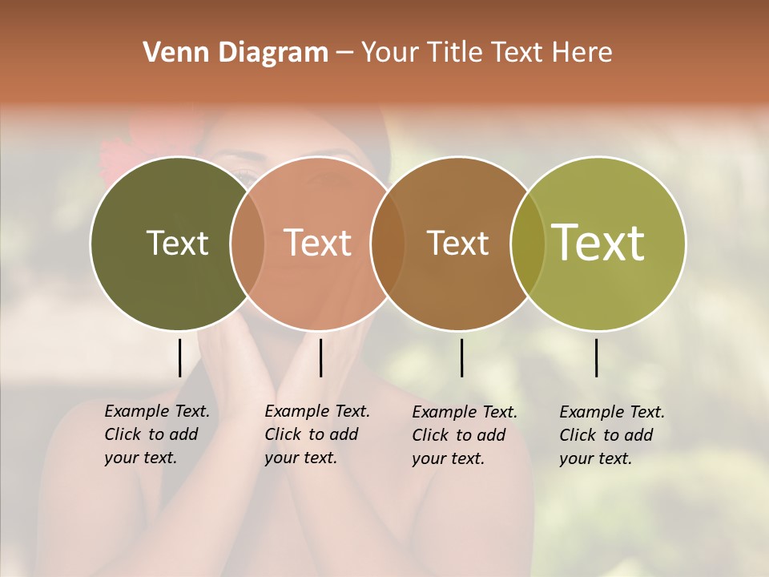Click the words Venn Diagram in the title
click(x=236, y=52)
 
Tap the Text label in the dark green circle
click(x=177, y=243)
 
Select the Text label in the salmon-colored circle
click(x=318, y=243)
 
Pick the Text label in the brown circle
click(x=457, y=243)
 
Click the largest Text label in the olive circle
click(x=598, y=243)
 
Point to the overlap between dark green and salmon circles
click(x=248, y=243)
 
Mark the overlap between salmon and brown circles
click(x=388, y=243)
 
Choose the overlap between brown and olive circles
click(x=528, y=243)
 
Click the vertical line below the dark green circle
click(x=179, y=357)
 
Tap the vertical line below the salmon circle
click(x=320, y=357)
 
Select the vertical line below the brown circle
click(x=461, y=357)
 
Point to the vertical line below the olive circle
click(x=597, y=357)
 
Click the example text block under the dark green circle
click(x=157, y=434)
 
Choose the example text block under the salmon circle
click(x=317, y=434)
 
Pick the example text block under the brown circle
click(x=465, y=435)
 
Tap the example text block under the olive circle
click(x=612, y=435)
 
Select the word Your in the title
click(x=390, y=52)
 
